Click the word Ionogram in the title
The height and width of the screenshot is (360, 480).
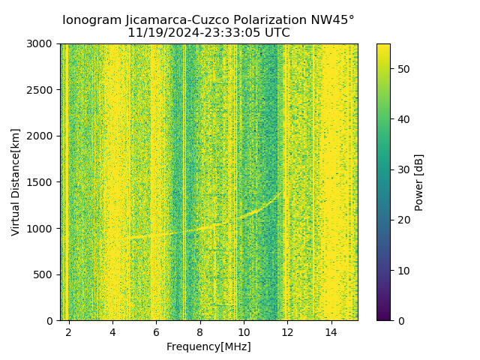91,20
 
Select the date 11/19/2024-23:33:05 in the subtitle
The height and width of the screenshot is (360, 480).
186,33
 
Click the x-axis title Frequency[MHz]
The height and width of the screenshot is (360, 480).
208,346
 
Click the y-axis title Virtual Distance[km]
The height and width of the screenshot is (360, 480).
15,181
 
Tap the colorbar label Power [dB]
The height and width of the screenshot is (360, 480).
419,181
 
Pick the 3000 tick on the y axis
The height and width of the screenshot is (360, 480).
42,43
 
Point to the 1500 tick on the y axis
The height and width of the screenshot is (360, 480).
42,182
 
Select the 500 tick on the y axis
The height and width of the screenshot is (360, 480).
45,274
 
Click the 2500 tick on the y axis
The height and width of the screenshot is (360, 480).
42,90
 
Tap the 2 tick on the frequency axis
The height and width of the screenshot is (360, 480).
69,331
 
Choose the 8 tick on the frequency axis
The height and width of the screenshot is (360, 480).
200,331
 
